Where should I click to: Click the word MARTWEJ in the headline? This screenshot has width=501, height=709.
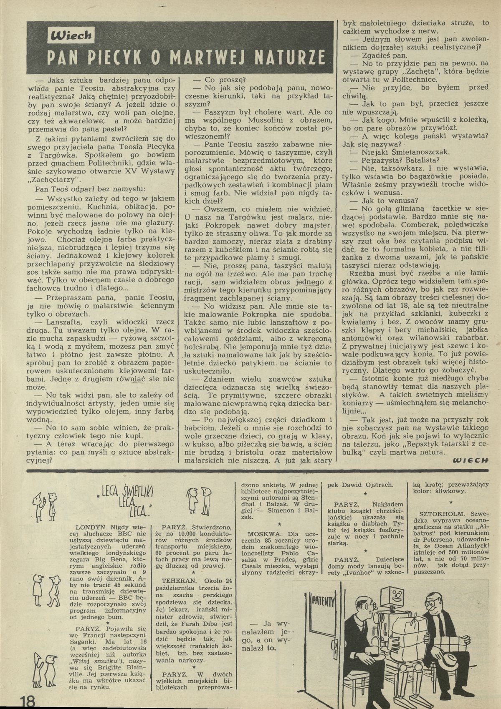click(216, 57)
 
